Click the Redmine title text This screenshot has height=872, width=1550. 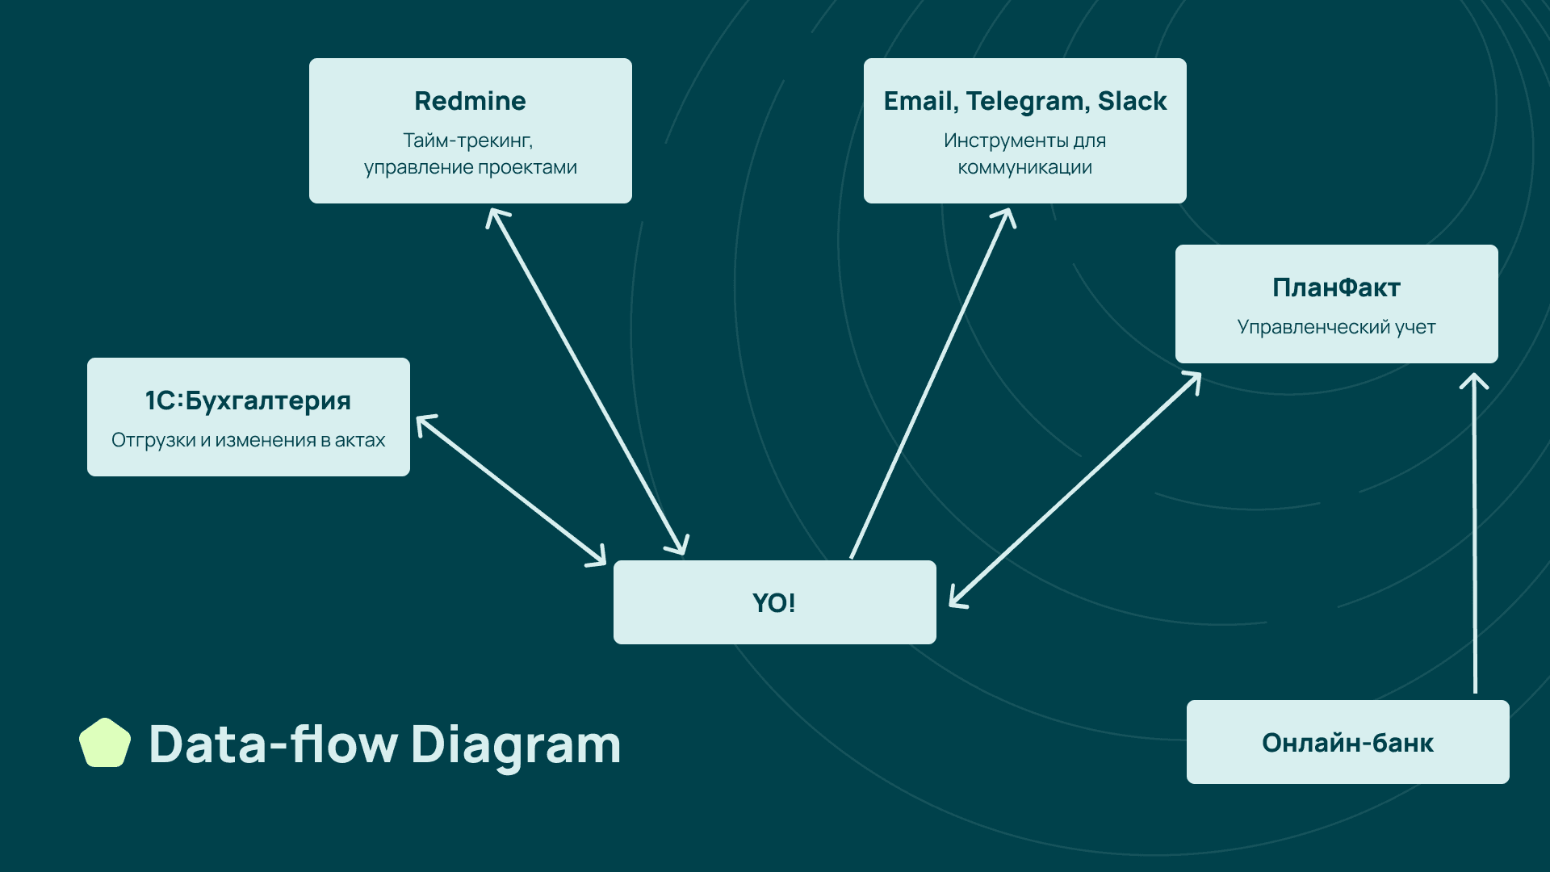470,101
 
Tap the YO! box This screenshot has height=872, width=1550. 774,602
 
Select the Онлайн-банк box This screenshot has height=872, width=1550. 1347,742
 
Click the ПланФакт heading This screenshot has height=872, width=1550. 1336,287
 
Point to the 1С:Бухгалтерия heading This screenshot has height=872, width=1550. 248,400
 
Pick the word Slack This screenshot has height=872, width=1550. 1132,101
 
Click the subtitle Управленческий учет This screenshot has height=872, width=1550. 1336,327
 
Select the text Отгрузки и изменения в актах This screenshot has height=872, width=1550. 248,440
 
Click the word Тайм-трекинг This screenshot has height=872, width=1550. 467,140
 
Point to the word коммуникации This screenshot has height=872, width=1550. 1024,167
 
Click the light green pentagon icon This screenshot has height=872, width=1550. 105,743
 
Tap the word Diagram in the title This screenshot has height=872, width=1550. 516,744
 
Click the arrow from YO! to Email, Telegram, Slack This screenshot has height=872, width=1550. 932,383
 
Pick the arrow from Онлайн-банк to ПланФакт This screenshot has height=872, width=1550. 1475,533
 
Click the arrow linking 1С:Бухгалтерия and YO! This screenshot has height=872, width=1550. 510,489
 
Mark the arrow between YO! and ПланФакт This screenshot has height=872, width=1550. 1075,489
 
